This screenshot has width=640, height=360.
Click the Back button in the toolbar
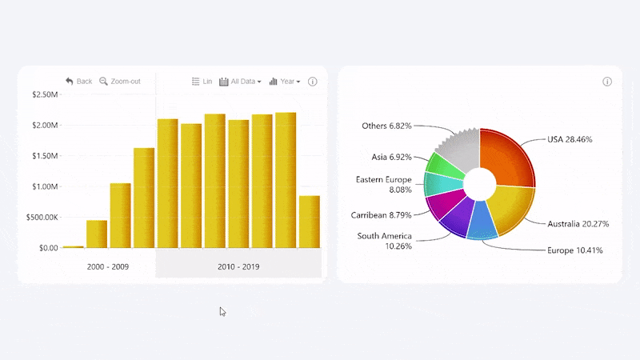pos(78,82)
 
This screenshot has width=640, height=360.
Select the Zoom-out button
pos(119,82)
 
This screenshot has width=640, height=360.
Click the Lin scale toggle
pos(202,82)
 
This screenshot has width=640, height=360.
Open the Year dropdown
pos(285,82)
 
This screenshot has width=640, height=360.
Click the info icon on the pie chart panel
pos(607,82)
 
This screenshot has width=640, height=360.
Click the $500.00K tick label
pos(42,218)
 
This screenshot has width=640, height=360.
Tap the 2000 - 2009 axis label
pos(108,266)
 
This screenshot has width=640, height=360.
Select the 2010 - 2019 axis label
pos(238,266)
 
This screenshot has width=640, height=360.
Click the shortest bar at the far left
pos(73,246)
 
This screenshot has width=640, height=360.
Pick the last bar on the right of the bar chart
pos(309,222)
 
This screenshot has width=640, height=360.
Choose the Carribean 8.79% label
pos(381,215)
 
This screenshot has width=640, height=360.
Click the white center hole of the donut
pos(479,183)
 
